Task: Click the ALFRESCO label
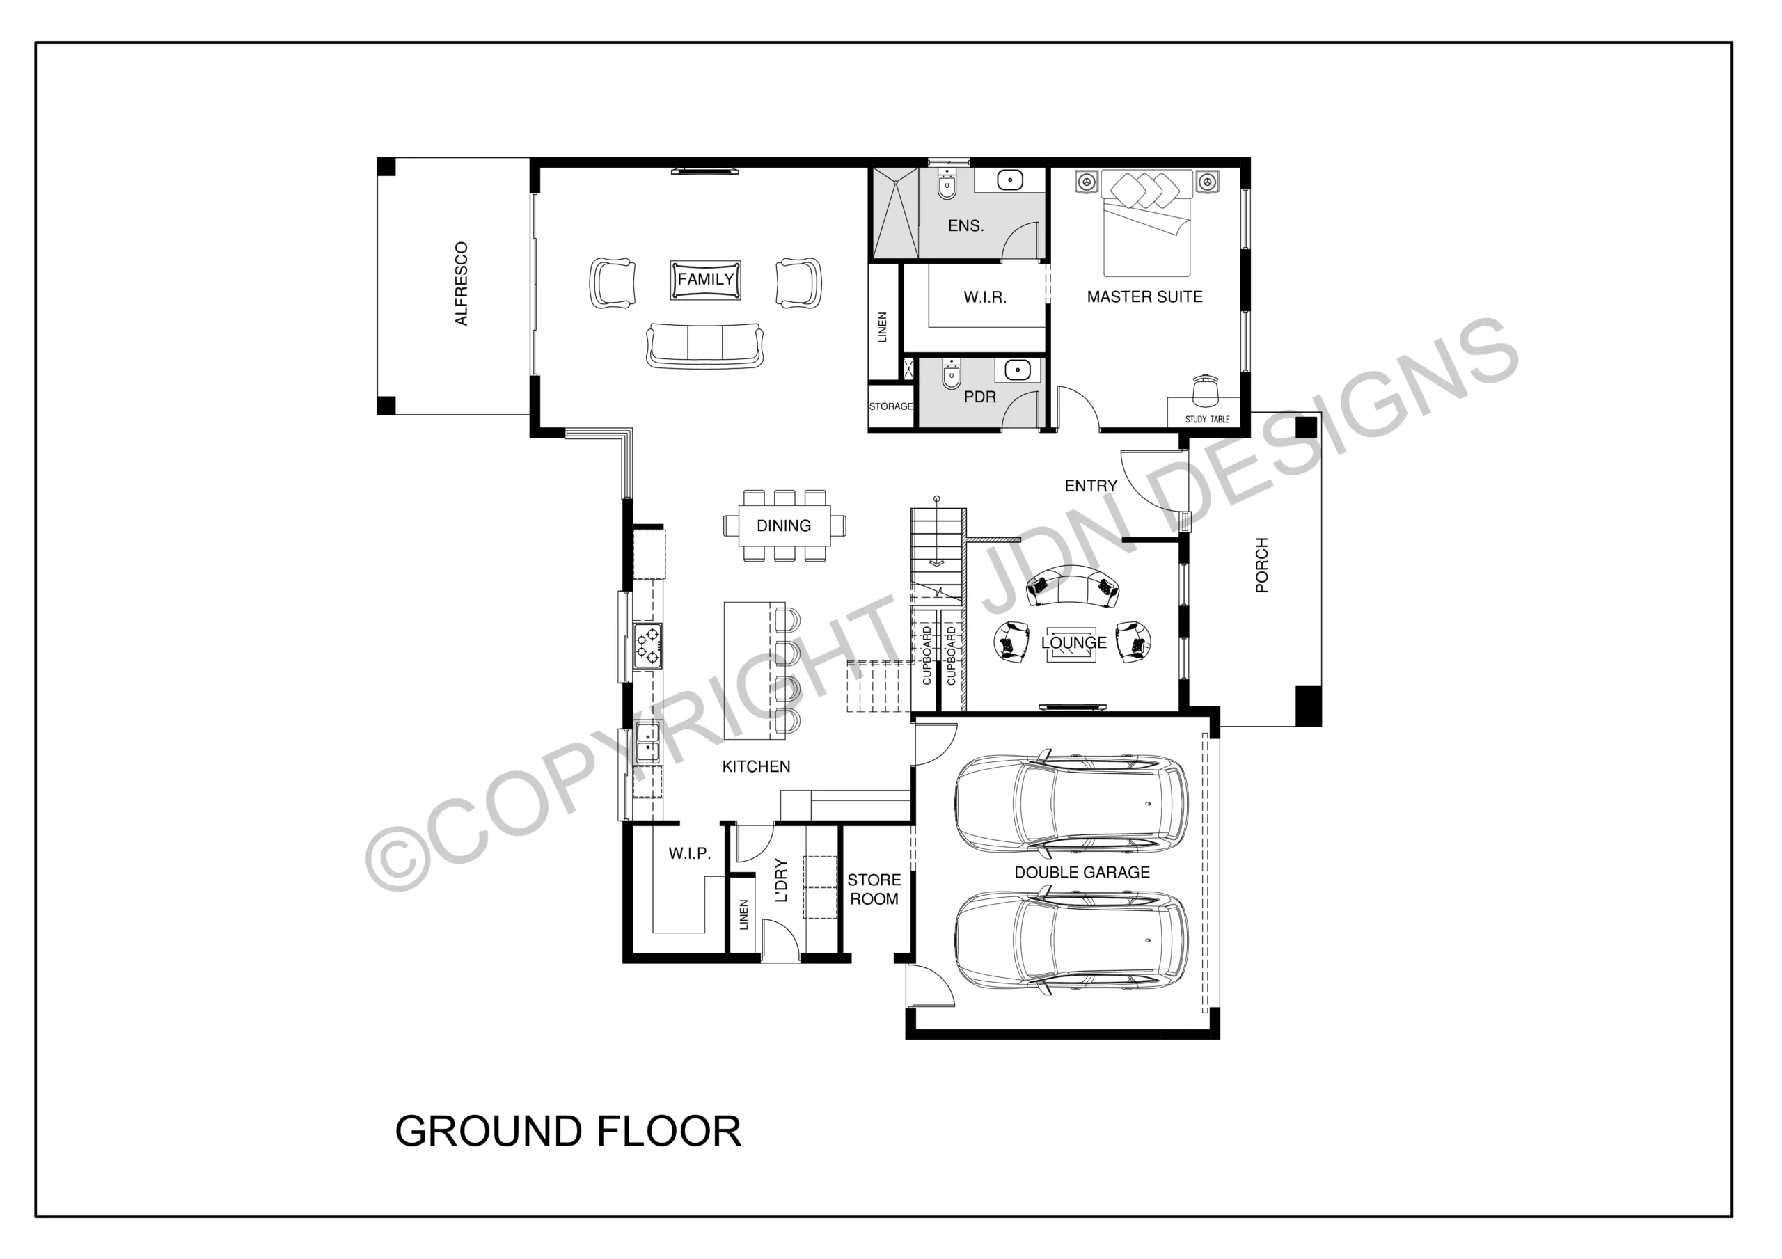[461, 284]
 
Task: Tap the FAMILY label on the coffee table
[706, 280]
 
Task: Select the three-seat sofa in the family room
[704, 345]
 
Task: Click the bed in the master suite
[1147, 223]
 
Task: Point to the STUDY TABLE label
[1207, 419]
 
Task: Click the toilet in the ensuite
[947, 182]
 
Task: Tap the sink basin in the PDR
[1018, 370]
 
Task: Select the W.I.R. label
[985, 297]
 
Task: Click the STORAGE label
[891, 406]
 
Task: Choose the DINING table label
[784, 525]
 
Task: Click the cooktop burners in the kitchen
[647, 647]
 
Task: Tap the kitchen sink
[647, 742]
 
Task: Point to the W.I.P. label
[689, 854]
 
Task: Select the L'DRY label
[782, 880]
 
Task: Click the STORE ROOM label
[874, 889]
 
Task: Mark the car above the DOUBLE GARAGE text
[1071, 802]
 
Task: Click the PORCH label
[1262, 565]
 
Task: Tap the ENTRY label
[1091, 486]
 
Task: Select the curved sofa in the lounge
[1073, 586]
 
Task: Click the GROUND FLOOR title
[568, 1132]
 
